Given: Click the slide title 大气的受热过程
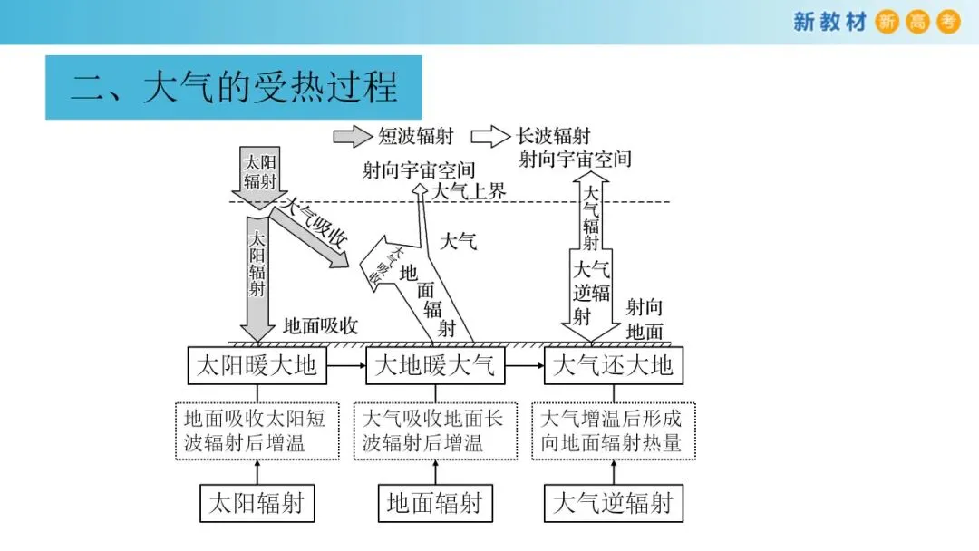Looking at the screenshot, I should [x=234, y=87].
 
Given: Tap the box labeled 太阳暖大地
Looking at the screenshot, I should [x=257, y=365].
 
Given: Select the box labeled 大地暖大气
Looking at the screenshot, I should [x=434, y=365].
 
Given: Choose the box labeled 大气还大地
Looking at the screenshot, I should [x=613, y=365].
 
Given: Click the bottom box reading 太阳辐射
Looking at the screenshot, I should [x=257, y=503].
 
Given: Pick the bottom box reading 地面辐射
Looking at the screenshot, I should [x=434, y=503].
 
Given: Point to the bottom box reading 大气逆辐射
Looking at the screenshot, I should [x=613, y=503].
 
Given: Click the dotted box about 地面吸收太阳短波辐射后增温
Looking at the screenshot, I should [x=257, y=430].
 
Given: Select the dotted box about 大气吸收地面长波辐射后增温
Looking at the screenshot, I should [x=434, y=430].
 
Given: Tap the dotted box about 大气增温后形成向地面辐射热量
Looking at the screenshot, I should [x=613, y=430].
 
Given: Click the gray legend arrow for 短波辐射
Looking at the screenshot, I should [x=353, y=136].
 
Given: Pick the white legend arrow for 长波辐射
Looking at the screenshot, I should [x=490, y=136].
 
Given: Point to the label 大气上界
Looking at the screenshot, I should [x=468, y=191].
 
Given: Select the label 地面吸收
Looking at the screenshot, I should [x=321, y=326].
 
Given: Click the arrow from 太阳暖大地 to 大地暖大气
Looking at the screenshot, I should [x=345, y=365].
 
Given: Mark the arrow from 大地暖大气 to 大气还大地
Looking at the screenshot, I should [x=523, y=365].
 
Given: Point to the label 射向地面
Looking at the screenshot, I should [x=645, y=319].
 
